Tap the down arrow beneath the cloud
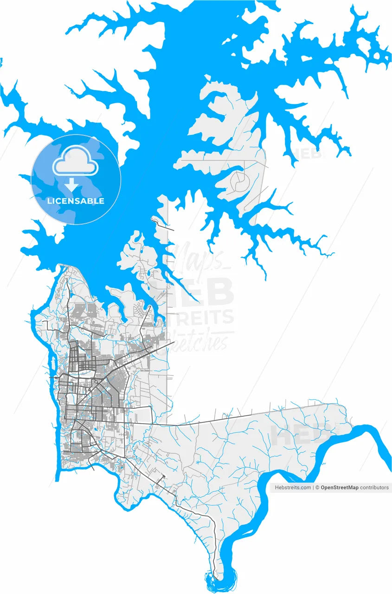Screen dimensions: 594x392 coord(71,185)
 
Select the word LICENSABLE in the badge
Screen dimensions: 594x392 coord(76,201)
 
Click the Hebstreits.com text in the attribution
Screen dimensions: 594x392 coord(293,488)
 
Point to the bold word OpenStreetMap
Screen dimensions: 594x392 coord(340,488)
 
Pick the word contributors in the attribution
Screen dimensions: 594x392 coord(374,488)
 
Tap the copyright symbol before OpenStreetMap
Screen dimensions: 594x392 coord(318,488)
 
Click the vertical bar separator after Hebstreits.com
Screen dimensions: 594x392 coord(313,488)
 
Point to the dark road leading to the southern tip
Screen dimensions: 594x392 coord(195,510)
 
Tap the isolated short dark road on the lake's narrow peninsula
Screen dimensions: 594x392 coord(165,225)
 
